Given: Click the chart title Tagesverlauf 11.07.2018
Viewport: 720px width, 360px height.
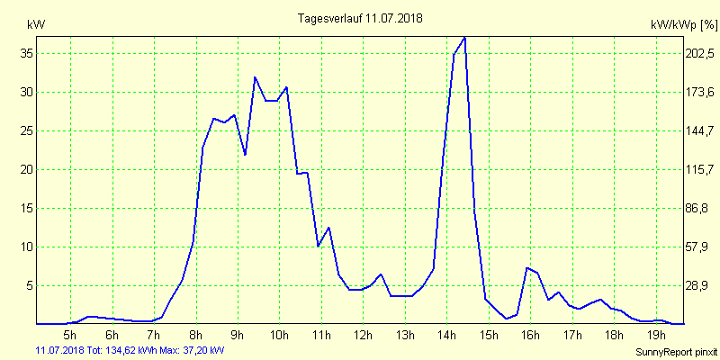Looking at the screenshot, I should pos(360,18).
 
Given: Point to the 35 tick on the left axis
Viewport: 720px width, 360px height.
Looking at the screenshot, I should pos(27,53).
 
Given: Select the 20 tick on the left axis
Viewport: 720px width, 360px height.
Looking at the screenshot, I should pos(27,169).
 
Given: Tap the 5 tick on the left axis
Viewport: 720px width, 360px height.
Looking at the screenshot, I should pos(31,285).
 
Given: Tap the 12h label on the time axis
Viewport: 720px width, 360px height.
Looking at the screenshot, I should pos(363,336).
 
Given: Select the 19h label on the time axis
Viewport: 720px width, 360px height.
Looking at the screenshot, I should pos(656,336).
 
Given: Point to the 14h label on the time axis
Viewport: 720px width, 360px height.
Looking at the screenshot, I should pos(446,336).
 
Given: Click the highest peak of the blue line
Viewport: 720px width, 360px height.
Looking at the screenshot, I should pos(464,38).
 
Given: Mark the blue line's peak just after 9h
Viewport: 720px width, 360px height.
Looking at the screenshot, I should pos(256,77).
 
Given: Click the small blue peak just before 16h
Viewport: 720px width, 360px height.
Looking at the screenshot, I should pos(527,268).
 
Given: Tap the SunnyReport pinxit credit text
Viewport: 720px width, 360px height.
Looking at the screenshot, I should pos(674,351).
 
